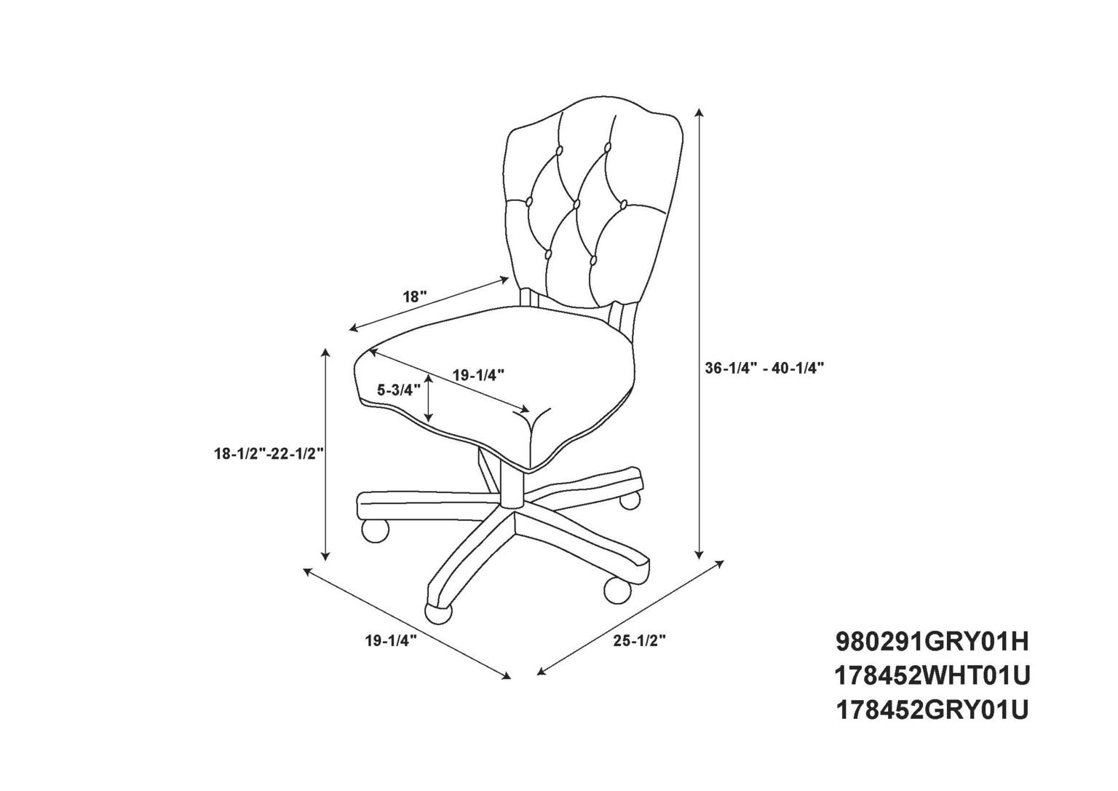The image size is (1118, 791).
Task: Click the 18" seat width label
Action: pos(416,296)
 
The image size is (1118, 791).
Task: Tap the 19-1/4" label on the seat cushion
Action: pos(478,374)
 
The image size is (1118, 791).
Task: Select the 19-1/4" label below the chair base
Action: pos(391,641)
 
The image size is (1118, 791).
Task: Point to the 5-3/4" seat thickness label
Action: pos(395,390)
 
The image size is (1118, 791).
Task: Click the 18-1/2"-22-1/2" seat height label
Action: pos(269,454)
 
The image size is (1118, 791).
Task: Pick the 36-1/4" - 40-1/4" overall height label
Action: pos(764,368)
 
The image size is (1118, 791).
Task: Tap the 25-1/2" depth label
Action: pos(640,641)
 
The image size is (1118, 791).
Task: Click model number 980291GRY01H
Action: pos(932,642)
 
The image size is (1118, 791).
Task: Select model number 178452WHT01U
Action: pos(932,677)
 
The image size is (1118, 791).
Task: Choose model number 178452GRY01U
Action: pos(932,711)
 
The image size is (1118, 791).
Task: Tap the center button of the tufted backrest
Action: pos(577,204)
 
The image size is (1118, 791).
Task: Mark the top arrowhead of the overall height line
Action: pos(699,112)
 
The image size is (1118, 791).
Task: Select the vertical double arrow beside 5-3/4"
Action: pos(429,399)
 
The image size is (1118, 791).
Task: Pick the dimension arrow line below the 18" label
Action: pos(429,304)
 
